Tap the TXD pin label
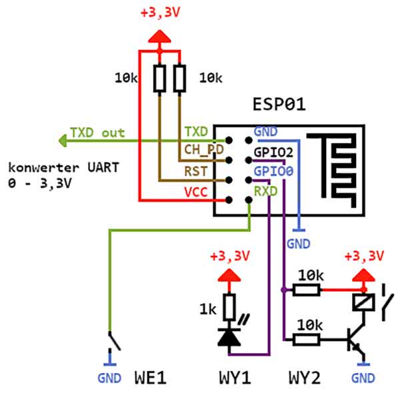pyautogui.click(x=196, y=131)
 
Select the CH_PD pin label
pyautogui.click(x=203, y=149)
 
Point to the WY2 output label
pyautogui.click(x=305, y=378)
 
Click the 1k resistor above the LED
pyautogui.click(x=229, y=307)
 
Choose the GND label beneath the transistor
pyautogui.click(x=363, y=378)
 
